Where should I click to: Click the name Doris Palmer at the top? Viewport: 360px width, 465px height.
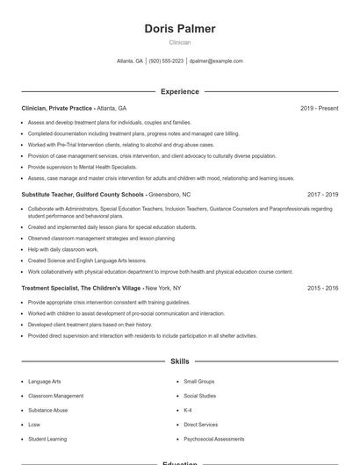point(179,29)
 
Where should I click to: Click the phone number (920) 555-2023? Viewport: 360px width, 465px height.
point(166,61)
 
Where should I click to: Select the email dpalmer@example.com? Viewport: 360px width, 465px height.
point(216,61)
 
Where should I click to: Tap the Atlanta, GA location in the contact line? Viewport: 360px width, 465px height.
point(130,61)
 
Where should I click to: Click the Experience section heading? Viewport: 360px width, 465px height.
point(179,91)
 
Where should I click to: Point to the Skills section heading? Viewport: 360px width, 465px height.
point(179,361)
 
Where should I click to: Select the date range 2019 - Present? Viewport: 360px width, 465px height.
point(319,108)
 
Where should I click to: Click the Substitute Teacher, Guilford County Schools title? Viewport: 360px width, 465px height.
point(83,194)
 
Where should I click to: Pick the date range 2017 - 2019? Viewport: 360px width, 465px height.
point(322,194)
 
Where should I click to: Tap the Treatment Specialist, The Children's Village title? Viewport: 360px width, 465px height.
point(81,288)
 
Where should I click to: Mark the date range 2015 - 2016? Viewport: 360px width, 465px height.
point(322,288)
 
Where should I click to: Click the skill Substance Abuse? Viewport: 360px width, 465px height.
point(47,410)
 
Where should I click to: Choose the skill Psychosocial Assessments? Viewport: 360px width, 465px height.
point(213,438)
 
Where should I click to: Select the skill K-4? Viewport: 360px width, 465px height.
point(188,410)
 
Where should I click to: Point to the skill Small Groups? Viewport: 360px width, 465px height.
point(198,382)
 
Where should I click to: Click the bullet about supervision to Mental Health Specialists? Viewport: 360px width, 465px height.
point(83,167)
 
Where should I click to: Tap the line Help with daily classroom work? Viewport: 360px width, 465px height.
point(63,249)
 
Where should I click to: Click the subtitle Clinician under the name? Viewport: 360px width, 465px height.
point(179,42)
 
